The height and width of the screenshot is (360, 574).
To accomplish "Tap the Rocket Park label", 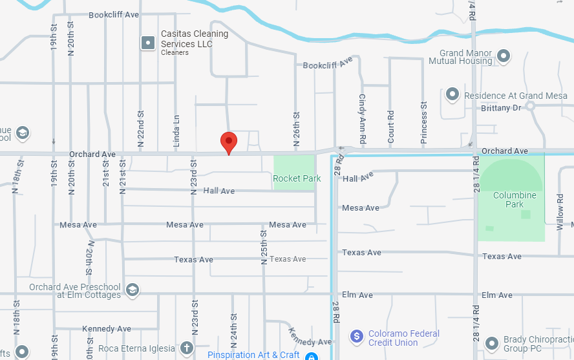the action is point(297,178).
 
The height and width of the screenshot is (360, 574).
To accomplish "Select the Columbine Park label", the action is point(515,199).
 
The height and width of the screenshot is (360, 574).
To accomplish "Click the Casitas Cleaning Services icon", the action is point(148,43).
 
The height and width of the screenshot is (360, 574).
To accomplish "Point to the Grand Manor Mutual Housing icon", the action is point(504,56).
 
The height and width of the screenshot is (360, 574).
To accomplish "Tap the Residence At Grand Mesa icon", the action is point(452,95).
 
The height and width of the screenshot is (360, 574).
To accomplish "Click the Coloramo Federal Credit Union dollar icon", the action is point(356,337).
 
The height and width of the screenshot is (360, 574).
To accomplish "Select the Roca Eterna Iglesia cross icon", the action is point(187,348).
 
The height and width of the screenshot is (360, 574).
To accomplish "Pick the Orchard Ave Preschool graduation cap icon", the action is point(133,289).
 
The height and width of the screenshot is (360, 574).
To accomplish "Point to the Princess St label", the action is point(424,122).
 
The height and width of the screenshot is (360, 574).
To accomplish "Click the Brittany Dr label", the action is point(501,108).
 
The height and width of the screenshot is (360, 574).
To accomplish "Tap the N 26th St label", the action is point(297,129).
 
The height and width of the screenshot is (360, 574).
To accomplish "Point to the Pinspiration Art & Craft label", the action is point(253,355).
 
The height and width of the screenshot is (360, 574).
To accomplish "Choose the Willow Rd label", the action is point(560,214).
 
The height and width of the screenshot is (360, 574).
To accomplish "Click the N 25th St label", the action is point(264,248).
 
